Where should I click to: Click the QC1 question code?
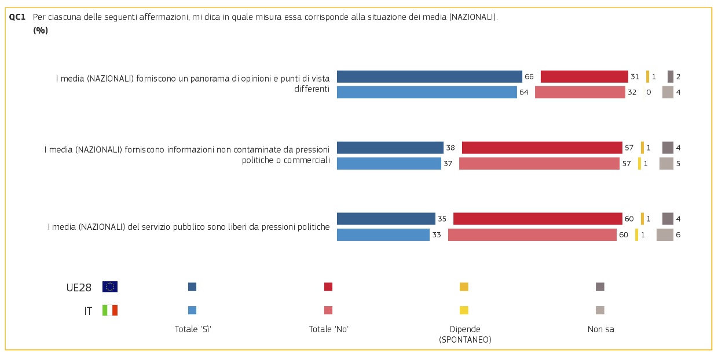pyautogui.click(x=17, y=17)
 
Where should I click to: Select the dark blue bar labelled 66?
pyautogui.click(x=429, y=76)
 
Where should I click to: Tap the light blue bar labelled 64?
pyautogui.click(x=427, y=92)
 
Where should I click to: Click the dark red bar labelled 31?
pyautogui.click(x=584, y=76)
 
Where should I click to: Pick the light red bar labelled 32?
pyautogui.click(x=580, y=92)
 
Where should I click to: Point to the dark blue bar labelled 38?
pyautogui.click(x=390, y=148)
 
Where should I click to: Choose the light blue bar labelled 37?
pyautogui.click(x=389, y=163)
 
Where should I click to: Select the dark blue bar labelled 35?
pyautogui.click(x=386, y=219)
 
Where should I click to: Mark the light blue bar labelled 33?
pyautogui.click(x=383, y=234)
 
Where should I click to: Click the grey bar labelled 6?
pyautogui.click(x=665, y=234)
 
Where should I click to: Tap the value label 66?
pyautogui.click(x=529, y=76)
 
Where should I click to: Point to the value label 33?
pyautogui.click(x=437, y=234)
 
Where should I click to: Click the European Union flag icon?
pyautogui.click(x=110, y=286)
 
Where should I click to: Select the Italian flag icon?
pyautogui.click(x=110, y=310)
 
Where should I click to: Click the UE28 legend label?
pyautogui.click(x=78, y=287)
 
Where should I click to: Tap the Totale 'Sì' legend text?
pyautogui.click(x=193, y=329)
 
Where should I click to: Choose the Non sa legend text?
pyautogui.click(x=600, y=329)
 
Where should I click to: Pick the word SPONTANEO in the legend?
pyautogui.click(x=465, y=340)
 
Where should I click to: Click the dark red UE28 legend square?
pyautogui.click(x=328, y=286)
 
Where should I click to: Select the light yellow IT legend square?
pyautogui.click(x=464, y=310)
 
